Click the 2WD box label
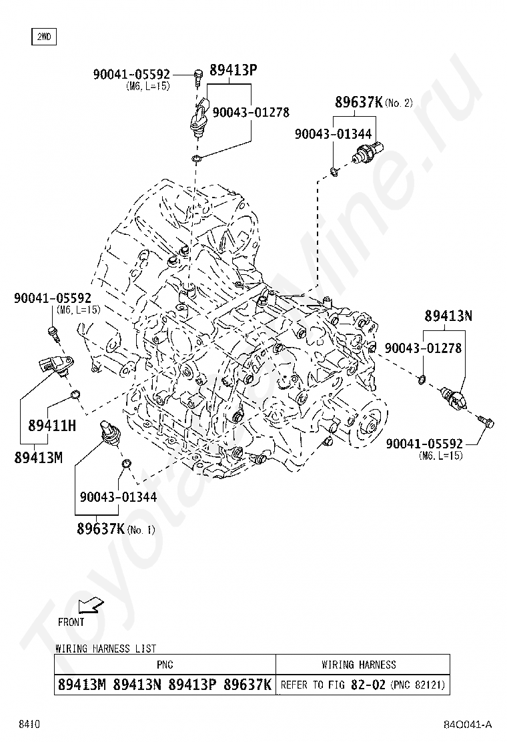pyautogui.click(x=43, y=37)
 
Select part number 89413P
pyautogui.click(x=233, y=69)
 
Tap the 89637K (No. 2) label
pyautogui.click(x=374, y=103)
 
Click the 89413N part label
pyautogui.click(x=449, y=316)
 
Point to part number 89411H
pyautogui.click(x=52, y=424)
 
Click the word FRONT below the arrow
pyautogui.click(x=71, y=622)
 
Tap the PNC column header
pyautogui.click(x=165, y=665)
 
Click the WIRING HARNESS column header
pyautogui.click(x=358, y=665)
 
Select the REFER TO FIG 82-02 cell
pyautogui.click(x=362, y=685)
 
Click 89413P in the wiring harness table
pyautogui.click(x=193, y=685)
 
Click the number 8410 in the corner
pyautogui.click(x=29, y=725)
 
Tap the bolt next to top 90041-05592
pyautogui.click(x=198, y=76)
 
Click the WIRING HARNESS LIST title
pyautogui.click(x=105, y=648)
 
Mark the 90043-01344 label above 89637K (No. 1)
pyautogui.click(x=118, y=496)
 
